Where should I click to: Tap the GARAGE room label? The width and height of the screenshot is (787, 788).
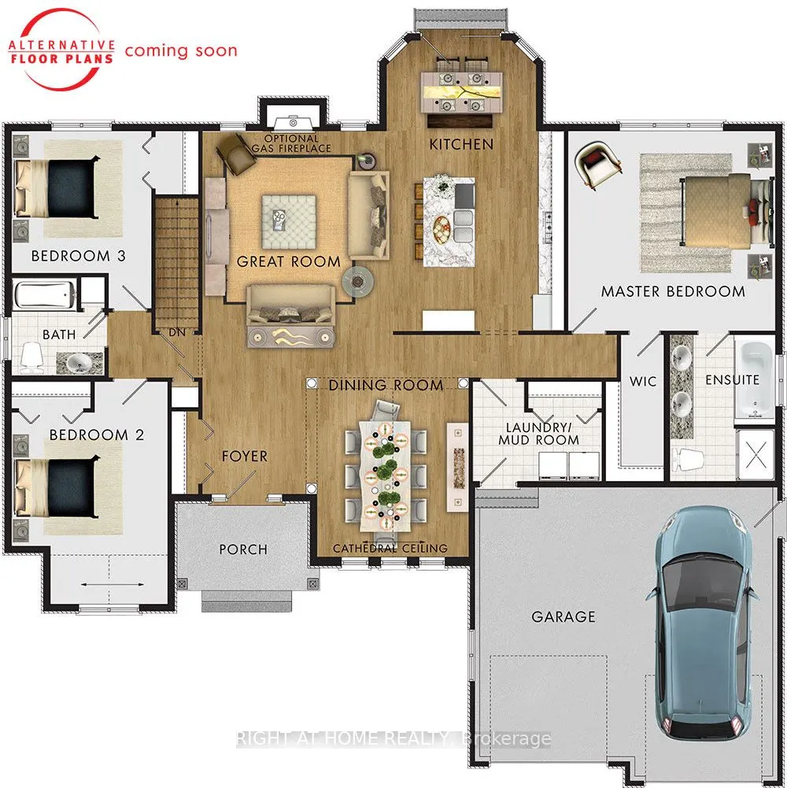click(563, 616)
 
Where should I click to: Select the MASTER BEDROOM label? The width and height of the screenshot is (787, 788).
click(673, 291)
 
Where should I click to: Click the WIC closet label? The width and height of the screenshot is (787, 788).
click(643, 382)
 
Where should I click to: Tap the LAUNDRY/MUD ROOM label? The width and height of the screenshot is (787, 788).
click(539, 434)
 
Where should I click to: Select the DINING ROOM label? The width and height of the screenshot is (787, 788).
click(386, 386)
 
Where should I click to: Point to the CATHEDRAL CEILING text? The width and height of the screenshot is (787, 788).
click(390, 548)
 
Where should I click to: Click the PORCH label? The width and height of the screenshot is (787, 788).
click(243, 549)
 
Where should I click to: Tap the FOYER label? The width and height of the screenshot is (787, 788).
click(245, 457)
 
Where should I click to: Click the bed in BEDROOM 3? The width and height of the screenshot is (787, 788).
click(55, 188)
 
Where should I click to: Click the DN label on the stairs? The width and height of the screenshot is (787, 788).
click(177, 332)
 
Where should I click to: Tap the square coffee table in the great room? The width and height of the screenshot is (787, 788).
click(290, 222)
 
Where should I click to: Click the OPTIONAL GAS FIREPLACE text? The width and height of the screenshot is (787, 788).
click(291, 144)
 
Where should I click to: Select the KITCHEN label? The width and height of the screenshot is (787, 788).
click(461, 145)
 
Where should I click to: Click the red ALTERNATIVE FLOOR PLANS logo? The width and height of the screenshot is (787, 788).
click(61, 52)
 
